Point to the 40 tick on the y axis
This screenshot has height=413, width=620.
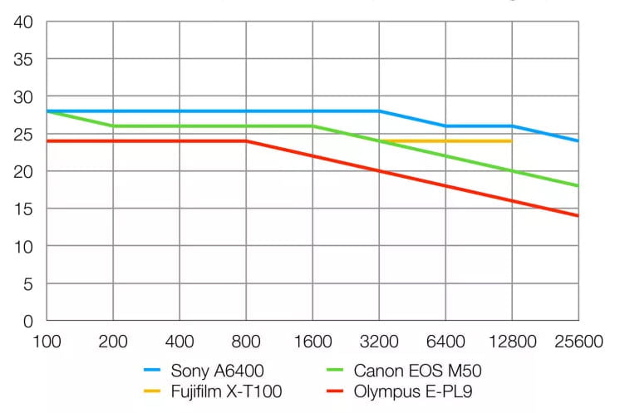[x=22, y=22]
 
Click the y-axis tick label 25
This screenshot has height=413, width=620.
[x=22, y=135]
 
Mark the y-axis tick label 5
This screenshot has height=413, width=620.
[x=27, y=284]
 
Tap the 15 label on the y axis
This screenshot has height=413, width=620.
[x=22, y=209]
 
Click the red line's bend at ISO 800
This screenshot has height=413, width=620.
[x=246, y=141]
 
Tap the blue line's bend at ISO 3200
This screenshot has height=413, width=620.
[x=379, y=111]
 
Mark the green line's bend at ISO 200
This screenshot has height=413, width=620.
[x=113, y=126]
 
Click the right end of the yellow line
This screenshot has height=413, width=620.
[x=511, y=141]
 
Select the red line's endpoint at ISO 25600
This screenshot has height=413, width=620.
[x=578, y=216]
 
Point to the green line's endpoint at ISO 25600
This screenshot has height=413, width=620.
[x=578, y=186]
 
